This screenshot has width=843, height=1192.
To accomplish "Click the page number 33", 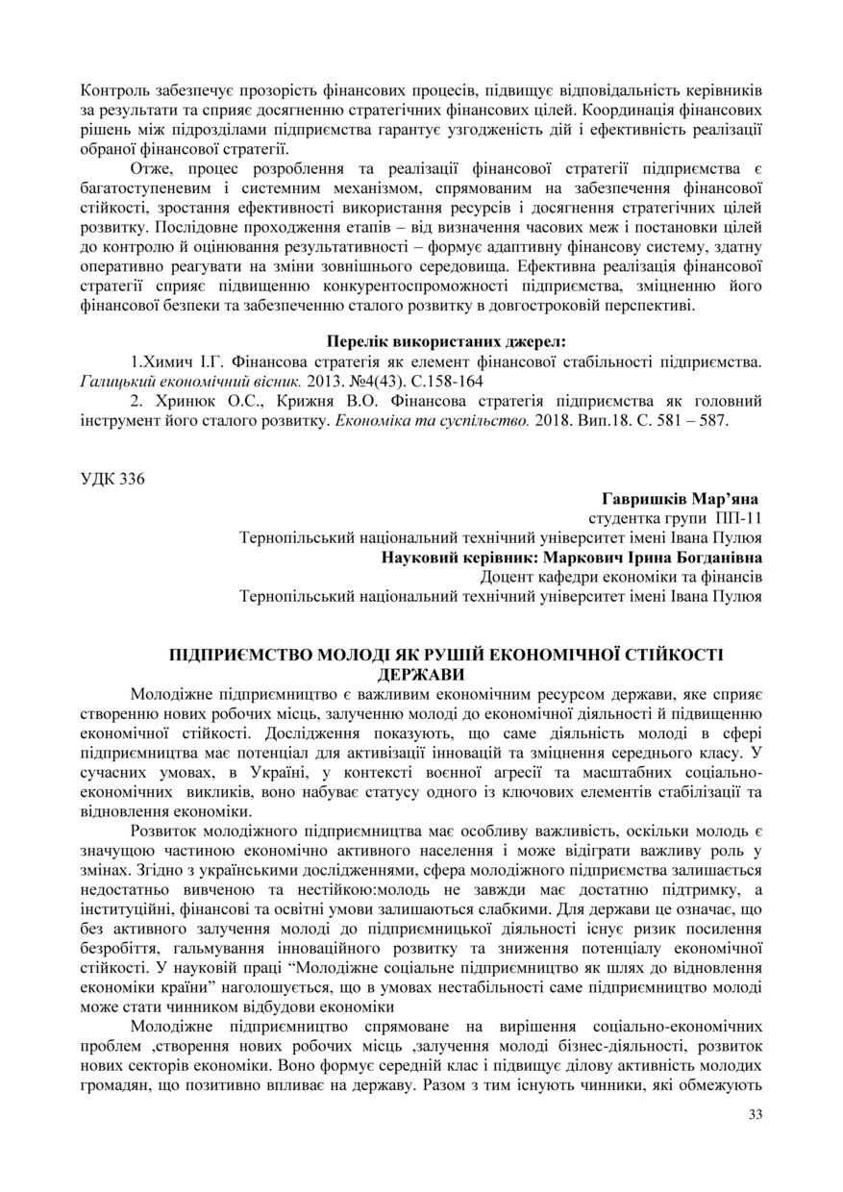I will click(x=754, y=1114).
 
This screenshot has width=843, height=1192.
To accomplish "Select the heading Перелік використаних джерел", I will click(x=447, y=341).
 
